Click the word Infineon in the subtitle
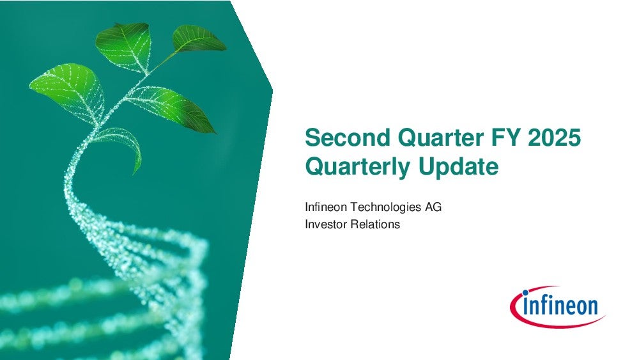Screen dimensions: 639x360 [x=326, y=207]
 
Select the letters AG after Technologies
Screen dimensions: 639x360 [x=433, y=207]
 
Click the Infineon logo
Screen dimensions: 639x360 [x=557, y=306]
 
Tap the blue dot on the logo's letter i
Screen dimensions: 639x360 [x=525, y=292]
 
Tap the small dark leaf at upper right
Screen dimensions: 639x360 [x=197, y=39]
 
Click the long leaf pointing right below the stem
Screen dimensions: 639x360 [x=173, y=106]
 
